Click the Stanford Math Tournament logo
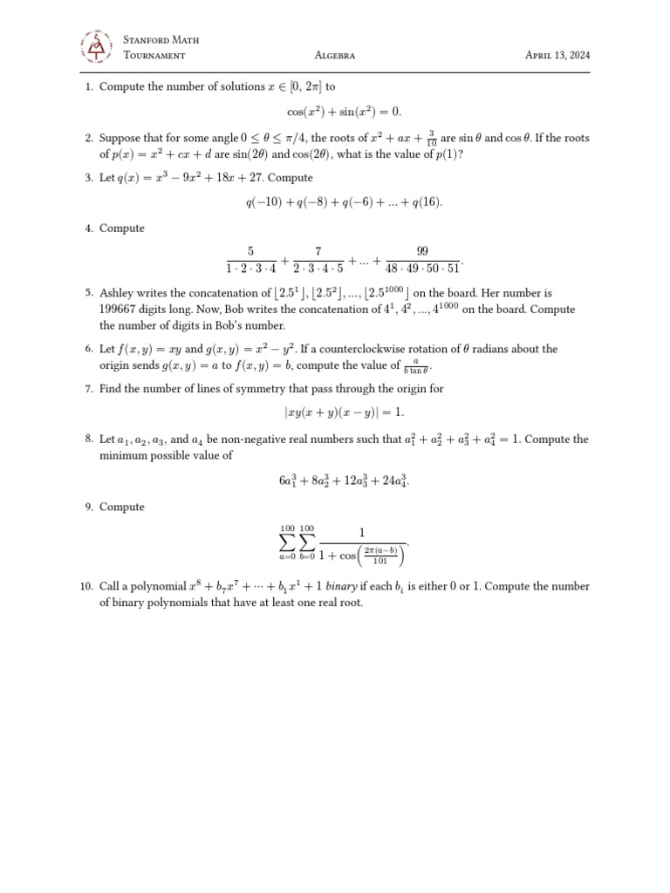pyautogui.click(x=96, y=47)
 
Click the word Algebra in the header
pyautogui.click(x=334, y=55)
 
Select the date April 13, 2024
pyautogui.click(x=557, y=55)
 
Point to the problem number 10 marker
pyautogui.click(x=86, y=587)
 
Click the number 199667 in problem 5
pyautogui.click(x=119, y=310)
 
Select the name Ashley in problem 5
pyautogui.click(x=117, y=294)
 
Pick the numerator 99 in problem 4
pyautogui.click(x=422, y=251)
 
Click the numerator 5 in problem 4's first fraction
pyautogui.click(x=250, y=251)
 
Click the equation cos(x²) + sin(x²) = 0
pyautogui.click(x=345, y=112)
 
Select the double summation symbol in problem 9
pyautogui.click(x=297, y=542)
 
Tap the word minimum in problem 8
pyautogui.click(x=121, y=455)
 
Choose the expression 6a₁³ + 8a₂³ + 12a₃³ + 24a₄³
pyautogui.click(x=344, y=481)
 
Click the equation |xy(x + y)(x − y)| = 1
pyautogui.click(x=344, y=412)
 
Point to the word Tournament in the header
pyautogui.click(x=154, y=55)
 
